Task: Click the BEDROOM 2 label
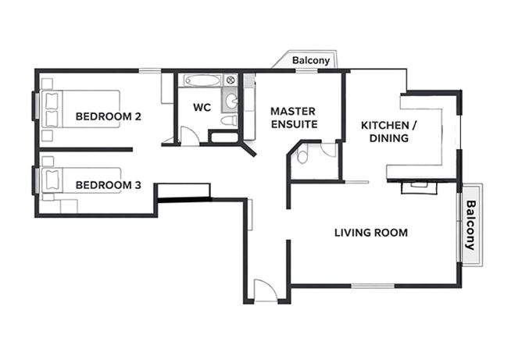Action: tap(108, 117)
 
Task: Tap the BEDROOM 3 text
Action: tap(108, 185)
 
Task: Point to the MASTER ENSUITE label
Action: tap(293, 118)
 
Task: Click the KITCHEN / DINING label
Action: tap(388, 132)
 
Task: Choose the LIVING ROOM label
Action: tap(370, 233)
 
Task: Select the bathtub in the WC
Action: tap(202, 80)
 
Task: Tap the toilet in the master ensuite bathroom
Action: tap(303, 155)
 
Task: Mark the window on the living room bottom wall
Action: tap(372, 286)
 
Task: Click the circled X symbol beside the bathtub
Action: tap(231, 80)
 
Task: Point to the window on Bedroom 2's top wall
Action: tap(152, 70)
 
